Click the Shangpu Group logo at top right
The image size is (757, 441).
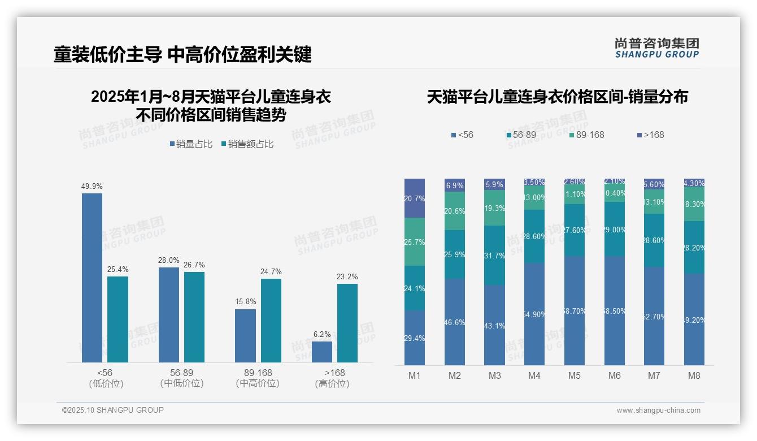pos(656,48)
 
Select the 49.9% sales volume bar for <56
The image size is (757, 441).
pos(92,278)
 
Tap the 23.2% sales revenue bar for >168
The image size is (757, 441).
pos(347,323)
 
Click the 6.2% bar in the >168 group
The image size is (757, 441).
pos(322,352)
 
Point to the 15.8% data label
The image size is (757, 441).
pos(246,301)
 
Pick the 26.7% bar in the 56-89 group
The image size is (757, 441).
pos(194,317)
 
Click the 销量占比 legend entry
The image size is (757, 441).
pos(191,144)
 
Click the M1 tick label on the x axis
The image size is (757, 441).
pos(415,375)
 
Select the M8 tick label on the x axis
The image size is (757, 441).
pos(694,375)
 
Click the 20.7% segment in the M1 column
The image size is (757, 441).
pos(415,198)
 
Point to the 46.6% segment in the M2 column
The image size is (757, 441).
pos(455,322)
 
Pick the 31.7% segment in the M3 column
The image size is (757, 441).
pos(495,255)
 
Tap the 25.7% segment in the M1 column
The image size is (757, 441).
pos(415,242)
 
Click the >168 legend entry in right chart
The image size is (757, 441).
pos(651,135)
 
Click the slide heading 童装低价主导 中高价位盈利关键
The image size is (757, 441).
pos(182,54)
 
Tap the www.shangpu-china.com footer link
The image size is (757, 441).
pos(658,410)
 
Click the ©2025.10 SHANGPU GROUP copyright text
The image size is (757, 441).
pos(113,410)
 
